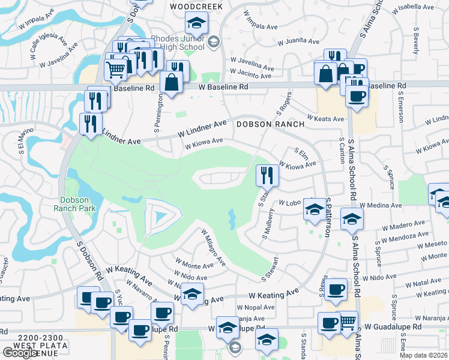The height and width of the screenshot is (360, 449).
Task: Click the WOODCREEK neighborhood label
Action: (x=196, y=6)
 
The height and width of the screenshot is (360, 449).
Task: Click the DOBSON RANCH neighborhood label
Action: (x=270, y=124)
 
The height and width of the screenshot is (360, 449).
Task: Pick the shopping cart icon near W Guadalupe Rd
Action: (x=346, y=323)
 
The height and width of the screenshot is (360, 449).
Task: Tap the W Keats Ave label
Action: (x=325, y=118)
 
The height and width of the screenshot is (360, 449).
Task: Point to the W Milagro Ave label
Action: (x=213, y=248)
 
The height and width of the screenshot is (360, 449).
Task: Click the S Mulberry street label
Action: (x=268, y=223)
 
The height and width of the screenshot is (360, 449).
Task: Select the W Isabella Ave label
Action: (x=415, y=8)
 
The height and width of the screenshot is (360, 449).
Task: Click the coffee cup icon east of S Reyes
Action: (x=336, y=290)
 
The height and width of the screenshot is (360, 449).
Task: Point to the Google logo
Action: (x=19, y=353)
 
